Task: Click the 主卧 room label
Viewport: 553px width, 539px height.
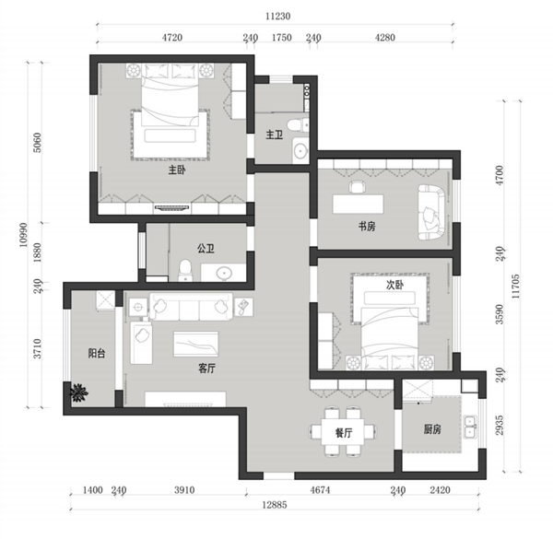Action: point(177,170)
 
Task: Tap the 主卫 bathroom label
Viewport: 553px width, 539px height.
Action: point(274,135)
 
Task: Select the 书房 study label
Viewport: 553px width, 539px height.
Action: point(367,226)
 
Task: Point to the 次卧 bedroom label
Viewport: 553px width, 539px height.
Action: point(394,285)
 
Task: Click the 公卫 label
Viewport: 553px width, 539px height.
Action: point(206,249)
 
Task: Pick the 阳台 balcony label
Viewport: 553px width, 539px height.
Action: point(96,353)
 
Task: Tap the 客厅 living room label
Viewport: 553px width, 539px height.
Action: point(206,369)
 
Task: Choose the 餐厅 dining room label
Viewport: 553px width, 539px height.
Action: point(344,432)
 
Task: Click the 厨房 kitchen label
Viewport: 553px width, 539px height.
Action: point(432,429)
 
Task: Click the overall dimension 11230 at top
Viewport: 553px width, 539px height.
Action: point(278,17)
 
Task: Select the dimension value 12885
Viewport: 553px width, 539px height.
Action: point(275,505)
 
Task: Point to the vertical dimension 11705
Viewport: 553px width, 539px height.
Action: point(515,287)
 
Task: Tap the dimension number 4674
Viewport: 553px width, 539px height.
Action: point(320,490)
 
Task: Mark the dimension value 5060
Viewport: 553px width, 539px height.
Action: point(37,143)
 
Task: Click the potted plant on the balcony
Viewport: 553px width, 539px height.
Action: point(78,393)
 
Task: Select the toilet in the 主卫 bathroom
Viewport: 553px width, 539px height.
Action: point(296,125)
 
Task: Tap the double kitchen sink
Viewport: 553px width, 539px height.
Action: point(470,427)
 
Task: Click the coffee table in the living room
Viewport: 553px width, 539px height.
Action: point(195,344)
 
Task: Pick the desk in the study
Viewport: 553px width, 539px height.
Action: point(358,204)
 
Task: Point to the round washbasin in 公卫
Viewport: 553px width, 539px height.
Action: point(224,272)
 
